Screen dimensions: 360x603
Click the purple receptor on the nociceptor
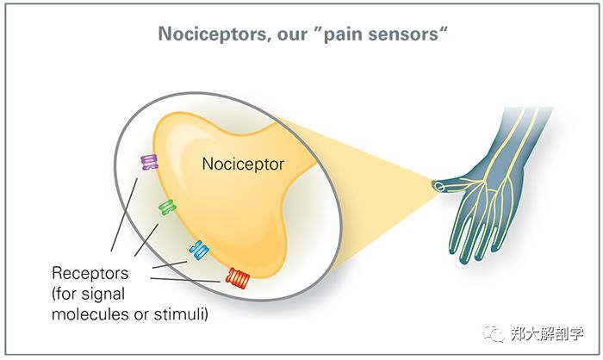pyautogui.click(x=150, y=162)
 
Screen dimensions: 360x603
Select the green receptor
pyautogui.click(x=167, y=207)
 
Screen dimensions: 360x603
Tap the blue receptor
pyautogui.click(x=199, y=250)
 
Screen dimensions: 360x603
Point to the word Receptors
pyautogui.click(x=90, y=273)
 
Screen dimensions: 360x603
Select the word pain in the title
pyautogui.click(x=345, y=36)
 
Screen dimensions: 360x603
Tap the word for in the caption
pyautogui.click(x=71, y=294)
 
